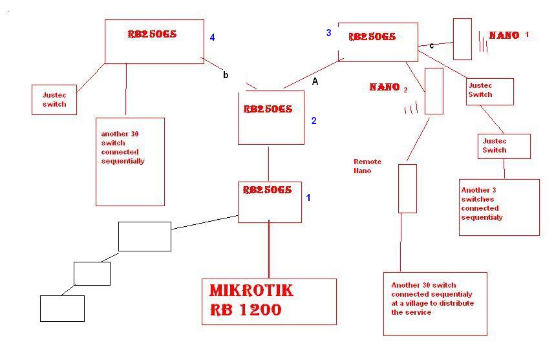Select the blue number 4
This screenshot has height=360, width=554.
212,37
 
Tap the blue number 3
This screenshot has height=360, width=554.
328,33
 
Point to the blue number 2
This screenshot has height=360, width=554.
314,121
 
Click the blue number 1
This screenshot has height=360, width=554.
308,198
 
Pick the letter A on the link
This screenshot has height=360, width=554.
315,82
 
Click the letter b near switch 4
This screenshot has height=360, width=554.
226,75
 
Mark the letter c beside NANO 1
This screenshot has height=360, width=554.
432,46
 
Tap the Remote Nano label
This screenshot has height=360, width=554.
367,166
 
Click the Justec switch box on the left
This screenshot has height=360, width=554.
54,100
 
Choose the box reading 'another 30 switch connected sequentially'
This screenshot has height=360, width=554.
130,161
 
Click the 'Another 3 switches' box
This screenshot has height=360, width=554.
499,207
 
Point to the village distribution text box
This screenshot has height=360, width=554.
434,304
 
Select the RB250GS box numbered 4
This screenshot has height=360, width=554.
154,41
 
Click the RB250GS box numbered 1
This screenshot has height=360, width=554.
270,202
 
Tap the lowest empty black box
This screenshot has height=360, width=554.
62,308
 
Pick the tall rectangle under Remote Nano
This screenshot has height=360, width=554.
407,188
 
